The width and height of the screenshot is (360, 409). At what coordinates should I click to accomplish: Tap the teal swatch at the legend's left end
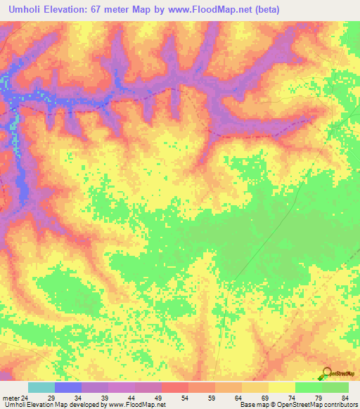41,387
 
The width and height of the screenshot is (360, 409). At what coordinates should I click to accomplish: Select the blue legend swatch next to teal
67,387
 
